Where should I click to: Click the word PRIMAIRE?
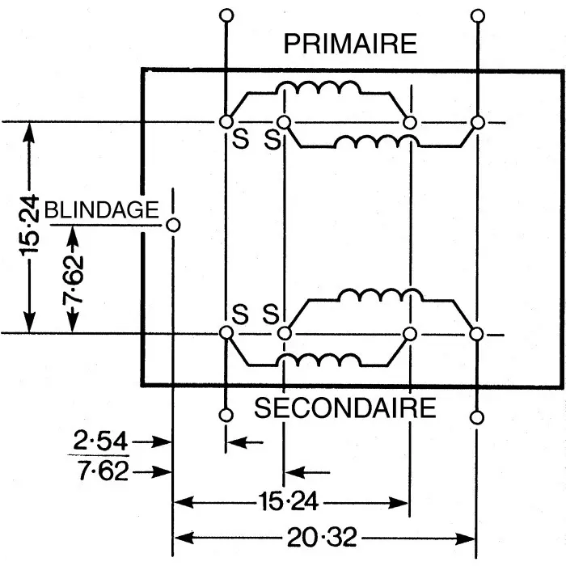(350, 44)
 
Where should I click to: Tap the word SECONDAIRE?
(346, 408)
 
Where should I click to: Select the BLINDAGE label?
(102, 209)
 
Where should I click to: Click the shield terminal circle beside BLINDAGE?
(172, 224)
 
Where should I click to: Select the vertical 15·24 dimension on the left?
(31, 227)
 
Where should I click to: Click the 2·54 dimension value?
(100, 441)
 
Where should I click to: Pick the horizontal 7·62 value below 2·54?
(100, 471)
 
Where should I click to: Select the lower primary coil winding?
(376, 142)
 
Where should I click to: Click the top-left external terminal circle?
(226, 15)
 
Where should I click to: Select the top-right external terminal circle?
(477, 15)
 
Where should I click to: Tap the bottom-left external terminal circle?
(226, 416)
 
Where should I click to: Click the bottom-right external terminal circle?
(477, 416)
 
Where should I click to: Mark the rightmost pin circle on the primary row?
(477, 122)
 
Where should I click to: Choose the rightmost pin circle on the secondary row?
(477, 333)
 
